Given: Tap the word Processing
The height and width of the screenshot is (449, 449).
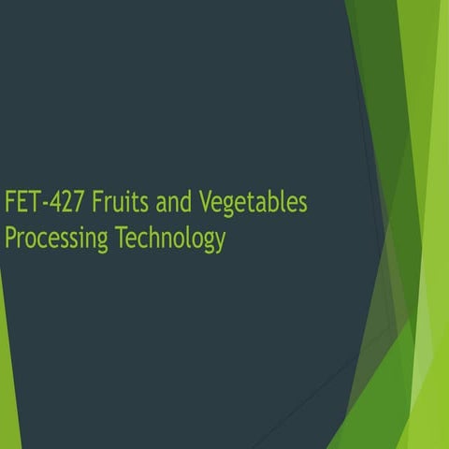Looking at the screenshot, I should click(56, 239).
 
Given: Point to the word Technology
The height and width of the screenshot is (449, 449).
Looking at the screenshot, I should click(170, 239).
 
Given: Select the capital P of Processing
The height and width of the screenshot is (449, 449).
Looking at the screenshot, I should click(10, 237).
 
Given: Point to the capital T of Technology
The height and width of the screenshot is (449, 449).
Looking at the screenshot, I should click(122, 237).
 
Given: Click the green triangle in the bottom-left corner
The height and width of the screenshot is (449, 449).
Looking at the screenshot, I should click(7, 393).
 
